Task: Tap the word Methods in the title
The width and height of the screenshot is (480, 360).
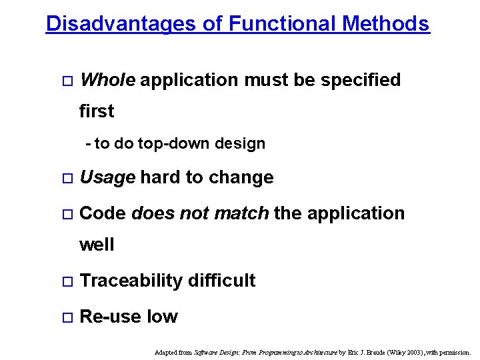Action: pos(386,24)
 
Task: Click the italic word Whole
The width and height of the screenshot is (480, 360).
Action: pos(107,80)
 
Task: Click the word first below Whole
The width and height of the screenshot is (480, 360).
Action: pos(97,111)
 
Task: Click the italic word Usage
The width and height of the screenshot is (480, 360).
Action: pos(107,177)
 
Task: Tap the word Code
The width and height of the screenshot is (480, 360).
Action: pos(103,213)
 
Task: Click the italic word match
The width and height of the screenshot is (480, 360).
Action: pos(243,213)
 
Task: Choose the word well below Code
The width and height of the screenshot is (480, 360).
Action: pos(97,245)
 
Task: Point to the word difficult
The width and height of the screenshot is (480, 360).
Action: pos(222,281)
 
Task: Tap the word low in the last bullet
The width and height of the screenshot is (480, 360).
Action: pos(162,317)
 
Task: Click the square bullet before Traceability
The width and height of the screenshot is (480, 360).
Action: pos(65,281)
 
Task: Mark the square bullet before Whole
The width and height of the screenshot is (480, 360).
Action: pos(65,81)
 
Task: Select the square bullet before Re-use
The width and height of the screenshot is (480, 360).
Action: pos(65,317)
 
